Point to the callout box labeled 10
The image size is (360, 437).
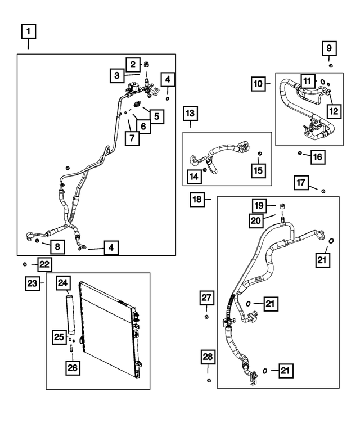coord(258,84)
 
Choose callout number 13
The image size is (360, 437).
coord(190,114)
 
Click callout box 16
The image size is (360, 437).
coord(317,156)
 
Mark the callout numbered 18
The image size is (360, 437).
coord(197,199)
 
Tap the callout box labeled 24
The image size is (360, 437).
coord(63,283)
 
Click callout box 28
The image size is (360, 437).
coord(208,357)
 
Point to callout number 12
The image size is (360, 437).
coord(334,111)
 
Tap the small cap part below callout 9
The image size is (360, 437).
coord(330,66)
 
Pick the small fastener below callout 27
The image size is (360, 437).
coord(206,319)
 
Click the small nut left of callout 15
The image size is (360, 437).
coord(259,153)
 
